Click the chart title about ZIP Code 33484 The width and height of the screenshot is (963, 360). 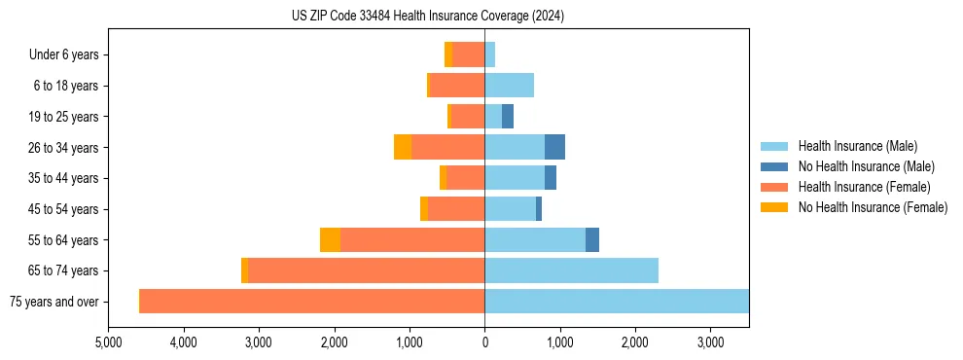tap(428, 17)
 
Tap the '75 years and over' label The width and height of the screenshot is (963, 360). tap(53, 302)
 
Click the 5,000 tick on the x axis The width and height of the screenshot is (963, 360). tap(109, 343)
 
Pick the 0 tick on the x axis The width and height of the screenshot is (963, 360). tap(484, 343)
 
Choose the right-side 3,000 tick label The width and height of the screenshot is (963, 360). tap(710, 343)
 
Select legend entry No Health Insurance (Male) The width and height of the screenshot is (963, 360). tap(866, 166)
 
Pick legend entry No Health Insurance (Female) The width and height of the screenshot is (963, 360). tap(873, 207)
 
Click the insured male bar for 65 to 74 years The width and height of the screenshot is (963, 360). tap(571, 270)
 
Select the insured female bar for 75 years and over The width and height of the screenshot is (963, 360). tap(312, 302)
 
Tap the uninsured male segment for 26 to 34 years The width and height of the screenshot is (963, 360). tap(554, 148)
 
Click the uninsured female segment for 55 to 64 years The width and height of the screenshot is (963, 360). tap(330, 240)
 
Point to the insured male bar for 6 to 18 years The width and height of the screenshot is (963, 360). tap(509, 86)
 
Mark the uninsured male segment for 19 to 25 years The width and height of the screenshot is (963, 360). tap(507, 117)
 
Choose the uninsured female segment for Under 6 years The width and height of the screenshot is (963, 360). tap(447, 55)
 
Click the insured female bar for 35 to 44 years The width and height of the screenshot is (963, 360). tap(466, 178)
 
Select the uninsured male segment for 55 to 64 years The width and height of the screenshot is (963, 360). tap(592, 240)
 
